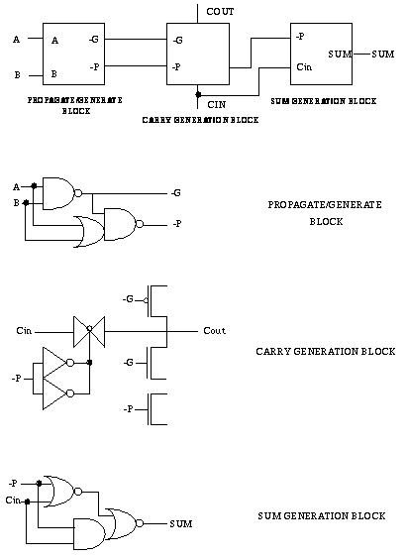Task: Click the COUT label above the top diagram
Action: click(220, 12)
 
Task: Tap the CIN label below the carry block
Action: click(217, 105)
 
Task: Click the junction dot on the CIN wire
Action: click(198, 94)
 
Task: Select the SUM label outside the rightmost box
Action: click(383, 55)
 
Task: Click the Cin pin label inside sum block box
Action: click(304, 67)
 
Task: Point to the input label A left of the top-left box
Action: click(17, 39)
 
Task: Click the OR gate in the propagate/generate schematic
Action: click(89, 231)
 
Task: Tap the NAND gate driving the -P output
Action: click(124, 224)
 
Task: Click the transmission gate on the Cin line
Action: click(89, 332)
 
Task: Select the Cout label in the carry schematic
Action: click(214, 331)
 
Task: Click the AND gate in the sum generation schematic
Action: click(89, 534)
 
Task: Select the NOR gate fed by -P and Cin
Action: click(62, 491)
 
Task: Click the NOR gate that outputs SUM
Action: click(125, 523)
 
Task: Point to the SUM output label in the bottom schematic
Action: click(181, 524)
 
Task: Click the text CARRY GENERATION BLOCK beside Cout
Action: click(326, 352)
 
